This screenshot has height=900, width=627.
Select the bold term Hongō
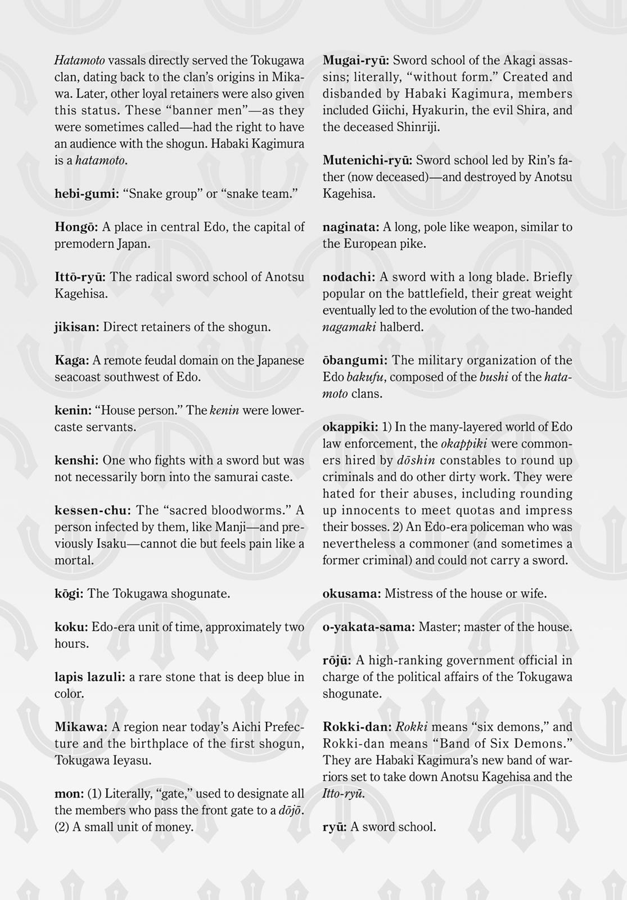[76, 227]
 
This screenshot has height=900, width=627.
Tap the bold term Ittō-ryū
[80, 277]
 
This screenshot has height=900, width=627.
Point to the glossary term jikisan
[77, 327]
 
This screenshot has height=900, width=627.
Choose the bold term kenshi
[76, 461]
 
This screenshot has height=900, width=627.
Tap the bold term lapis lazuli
[90, 677]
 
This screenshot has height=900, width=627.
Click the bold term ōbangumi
[355, 361]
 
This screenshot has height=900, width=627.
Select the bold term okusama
[351, 594]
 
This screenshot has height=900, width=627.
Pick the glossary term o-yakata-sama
[368, 627]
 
